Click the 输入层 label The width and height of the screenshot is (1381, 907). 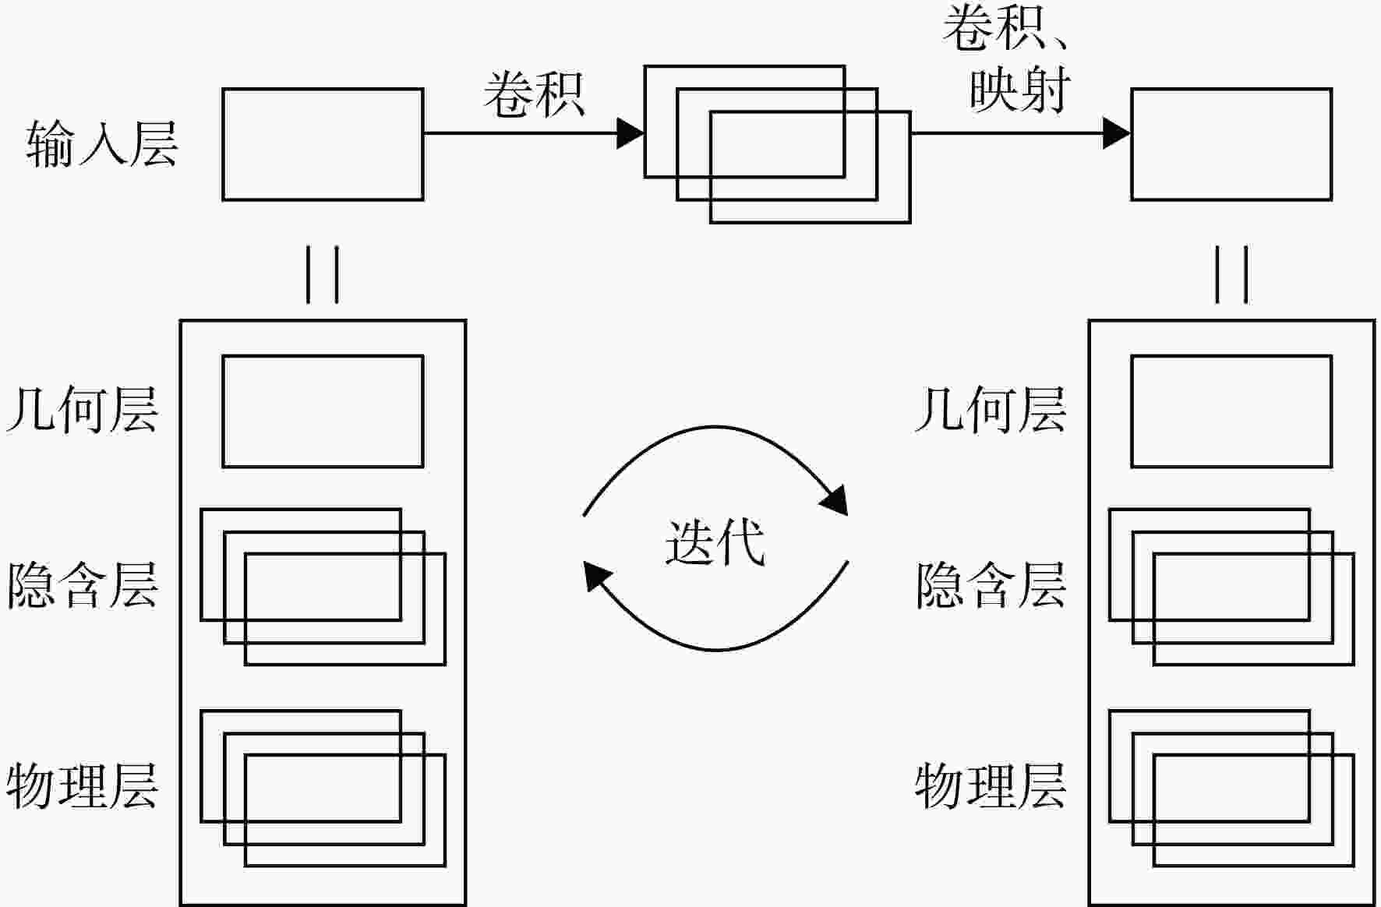tap(102, 144)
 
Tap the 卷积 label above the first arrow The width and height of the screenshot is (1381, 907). tap(534, 95)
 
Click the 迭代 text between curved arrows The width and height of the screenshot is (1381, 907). tap(715, 542)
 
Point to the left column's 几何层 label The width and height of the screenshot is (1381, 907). tap(83, 411)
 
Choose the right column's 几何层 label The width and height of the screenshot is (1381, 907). tap(991, 411)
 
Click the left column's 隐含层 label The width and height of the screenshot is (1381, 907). tap(83, 586)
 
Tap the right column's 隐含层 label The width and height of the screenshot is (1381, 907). tap(991, 586)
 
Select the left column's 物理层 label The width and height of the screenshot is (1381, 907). tap(83, 786)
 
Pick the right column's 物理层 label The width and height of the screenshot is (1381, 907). tap(991, 786)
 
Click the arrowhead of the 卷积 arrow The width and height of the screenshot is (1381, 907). tap(630, 133)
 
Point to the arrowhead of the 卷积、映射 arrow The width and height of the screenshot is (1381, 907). tap(1117, 133)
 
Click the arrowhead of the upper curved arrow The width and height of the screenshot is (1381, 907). tap(834, 500)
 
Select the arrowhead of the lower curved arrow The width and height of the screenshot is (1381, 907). tap(598, 577)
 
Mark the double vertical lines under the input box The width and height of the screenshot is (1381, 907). tap(323, 275)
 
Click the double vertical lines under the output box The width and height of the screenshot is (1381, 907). tap(1231, 275)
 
